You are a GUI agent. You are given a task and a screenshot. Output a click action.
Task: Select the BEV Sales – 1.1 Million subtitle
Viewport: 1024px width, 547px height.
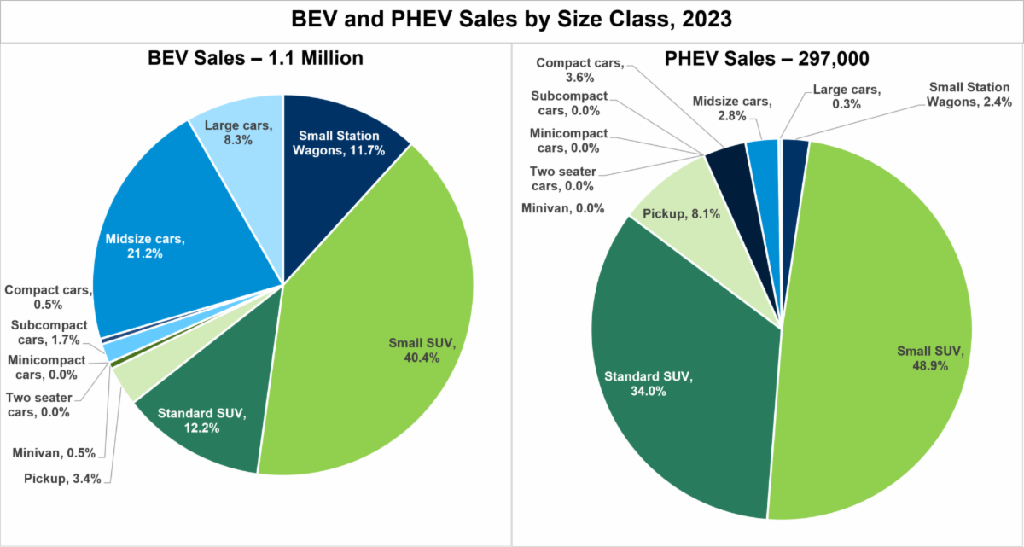click(x=257, y=59)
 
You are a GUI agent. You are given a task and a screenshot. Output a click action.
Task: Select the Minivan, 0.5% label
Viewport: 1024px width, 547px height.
click(x=59, y=453)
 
